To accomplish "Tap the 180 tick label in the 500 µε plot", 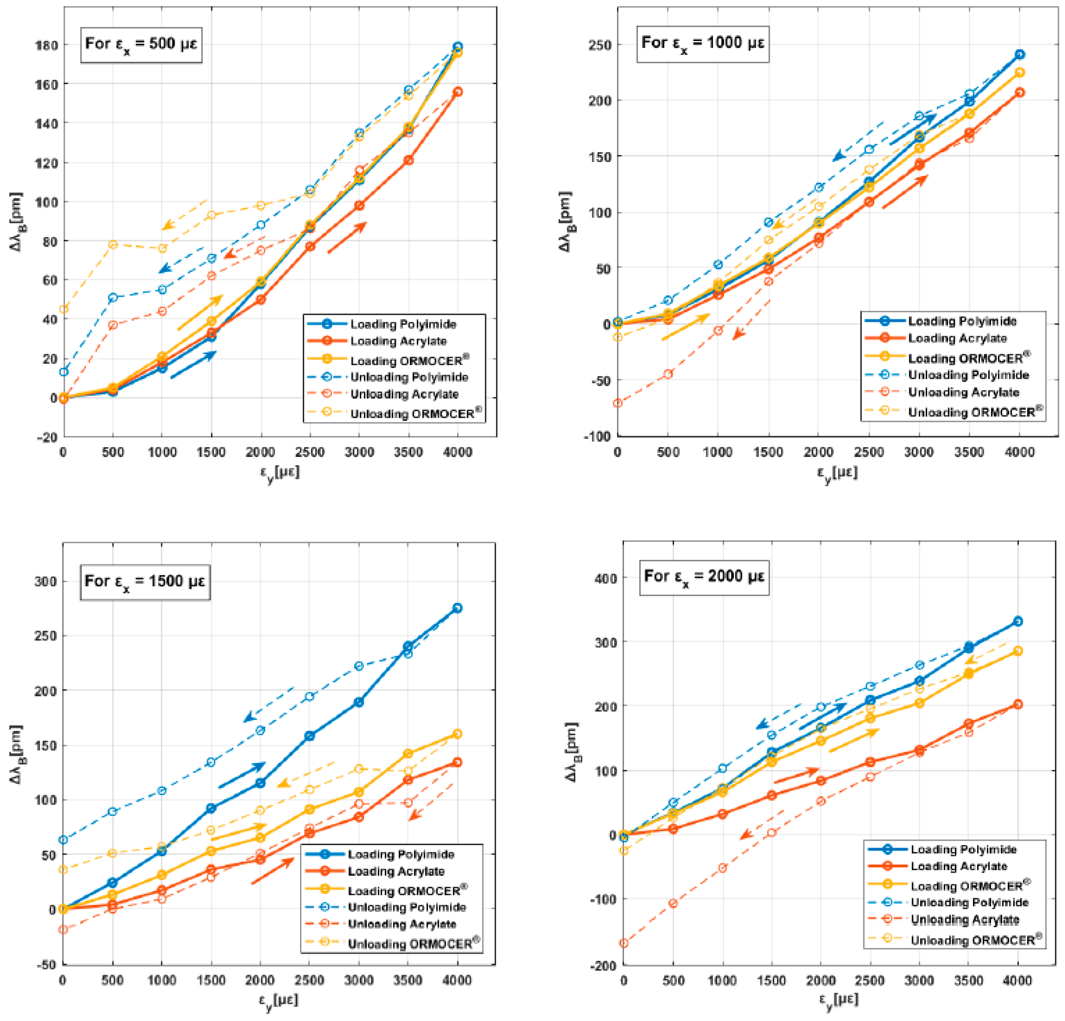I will [x=46, y=45].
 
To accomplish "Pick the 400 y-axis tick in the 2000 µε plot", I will [x=605, y=578].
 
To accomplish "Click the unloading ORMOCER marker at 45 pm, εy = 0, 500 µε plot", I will [x=64, y=309].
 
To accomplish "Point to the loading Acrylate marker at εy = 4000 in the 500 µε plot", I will [x=458, y=92].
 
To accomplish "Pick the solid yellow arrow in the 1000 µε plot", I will [x=685, y=327].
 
